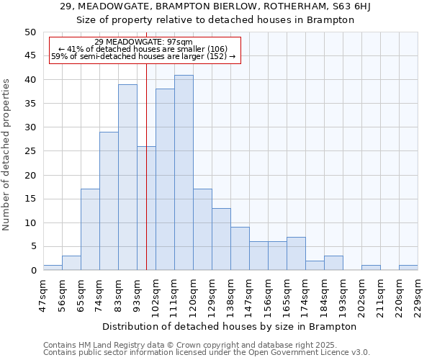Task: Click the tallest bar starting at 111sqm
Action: tap(184, 173)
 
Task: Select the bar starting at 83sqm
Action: tap(127, 177)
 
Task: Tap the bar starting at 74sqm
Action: tap(109, 201)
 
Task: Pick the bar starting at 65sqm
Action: tap(90, 230)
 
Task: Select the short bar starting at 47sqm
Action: tap(53, 268)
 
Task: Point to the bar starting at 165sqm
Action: tap(296, 253)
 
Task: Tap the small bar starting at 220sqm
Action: tap(408, 268)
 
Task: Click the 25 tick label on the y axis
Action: tap(30, 151)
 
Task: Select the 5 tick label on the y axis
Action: tap(33, 247)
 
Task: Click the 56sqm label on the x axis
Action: tap(62, 294)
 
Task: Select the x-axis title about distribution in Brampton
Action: tap(230, 326)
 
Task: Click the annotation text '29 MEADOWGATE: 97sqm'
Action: tap(143, 42)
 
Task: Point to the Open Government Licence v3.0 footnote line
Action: tap(207, 353)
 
